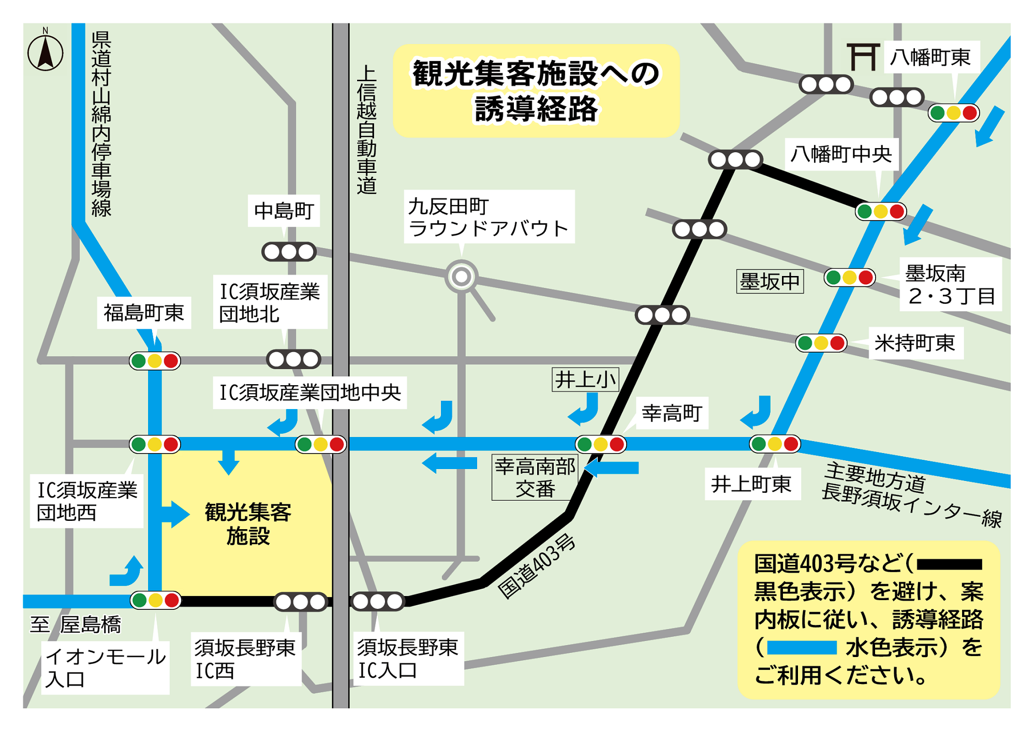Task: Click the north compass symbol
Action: coord(46,52)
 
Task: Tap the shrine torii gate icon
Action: coord(863,56)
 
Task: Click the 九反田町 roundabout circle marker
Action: coord(461,276)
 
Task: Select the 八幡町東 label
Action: coord(930,57)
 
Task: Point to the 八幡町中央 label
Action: coord(841,154)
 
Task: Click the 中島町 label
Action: coord(284,211)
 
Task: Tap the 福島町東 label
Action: coord(143,313)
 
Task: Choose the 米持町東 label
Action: coord(914,343)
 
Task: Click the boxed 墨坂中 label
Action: coord(770,282)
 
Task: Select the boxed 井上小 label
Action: coord(585,380)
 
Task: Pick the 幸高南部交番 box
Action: coord(535,477)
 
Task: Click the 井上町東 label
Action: coord(751,484)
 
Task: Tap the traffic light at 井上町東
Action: coord(775,444)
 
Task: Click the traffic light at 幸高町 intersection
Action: coord(600,444)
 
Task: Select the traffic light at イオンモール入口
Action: coord(155,600)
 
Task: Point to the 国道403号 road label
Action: coord(536,566)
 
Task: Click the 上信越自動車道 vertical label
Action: coord(366,129)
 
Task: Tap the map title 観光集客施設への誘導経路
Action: coord(536,91)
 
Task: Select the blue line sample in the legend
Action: coord(802,648)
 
